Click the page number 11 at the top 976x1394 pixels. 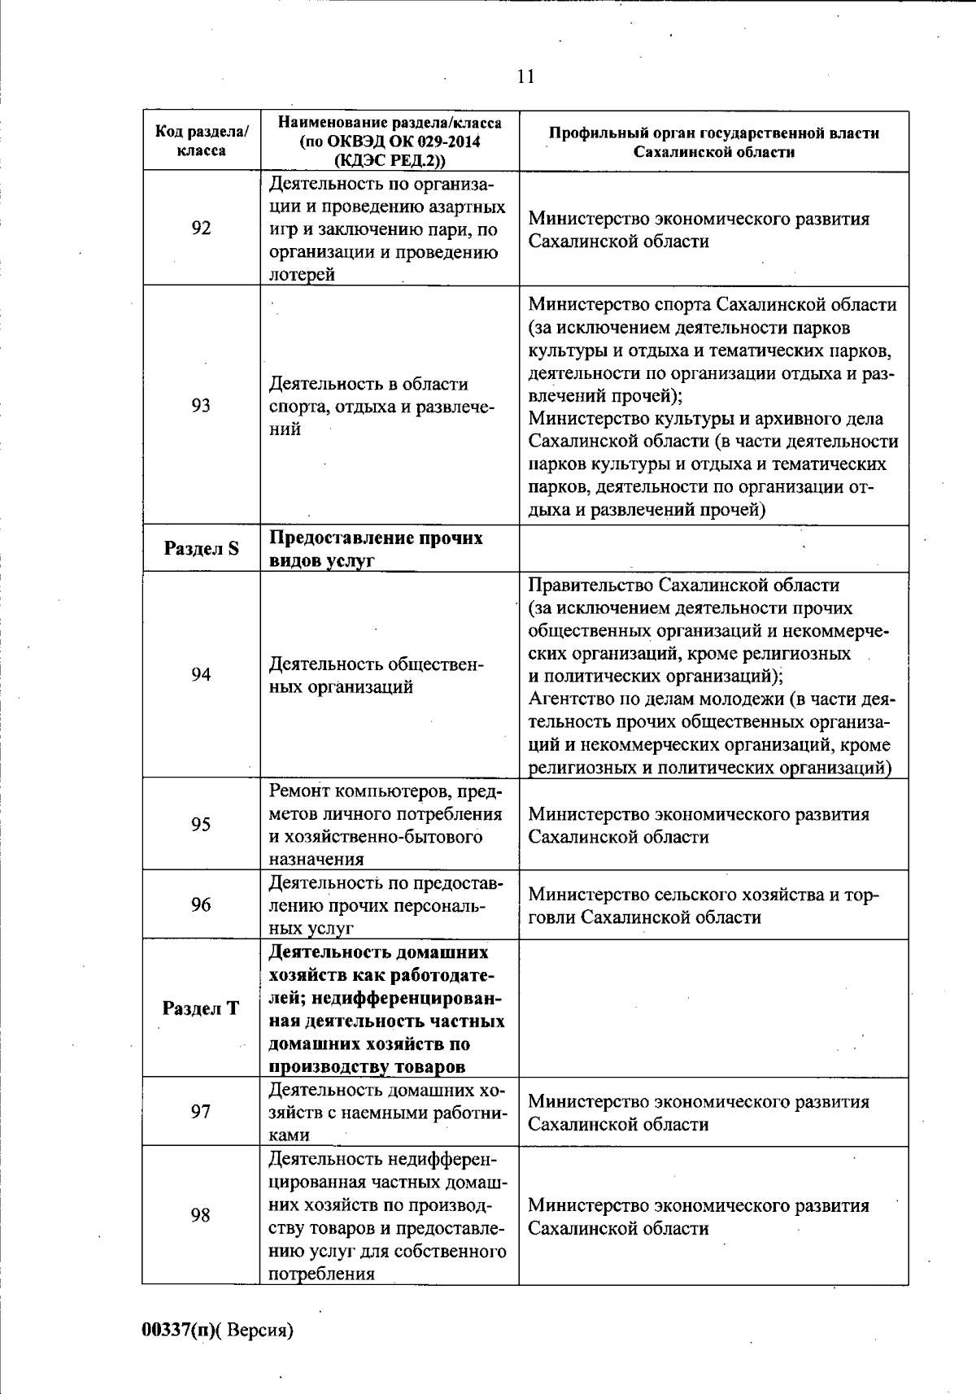(x=525, y=76)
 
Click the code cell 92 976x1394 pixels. (x=201, y=229)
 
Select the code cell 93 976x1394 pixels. (x=201, y=405)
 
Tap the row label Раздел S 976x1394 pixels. (x=201, y=549)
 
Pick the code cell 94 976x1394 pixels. (x=201, y=674)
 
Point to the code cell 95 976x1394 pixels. (x=201, y=825)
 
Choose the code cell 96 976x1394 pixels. (x=201, y=904)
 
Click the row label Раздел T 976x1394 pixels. (x=201, y=1008)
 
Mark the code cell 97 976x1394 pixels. (x=201, y=1112)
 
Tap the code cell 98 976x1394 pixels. (x=201, y=1215)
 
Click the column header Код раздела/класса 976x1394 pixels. (x=201, y=141)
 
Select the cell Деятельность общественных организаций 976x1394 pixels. (x=376, y=675)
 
